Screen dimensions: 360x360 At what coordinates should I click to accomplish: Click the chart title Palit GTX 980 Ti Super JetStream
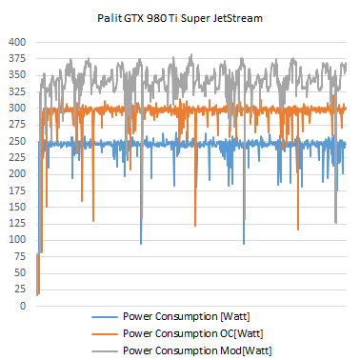[181, 17]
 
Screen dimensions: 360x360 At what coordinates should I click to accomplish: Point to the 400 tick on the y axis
[17, 43]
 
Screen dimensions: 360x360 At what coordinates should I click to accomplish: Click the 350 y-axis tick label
[17, 75]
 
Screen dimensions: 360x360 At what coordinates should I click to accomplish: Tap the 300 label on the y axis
[17, 109]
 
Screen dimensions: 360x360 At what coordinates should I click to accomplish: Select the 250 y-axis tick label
[17, 141]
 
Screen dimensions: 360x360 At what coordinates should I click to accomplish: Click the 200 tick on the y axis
[17, 174]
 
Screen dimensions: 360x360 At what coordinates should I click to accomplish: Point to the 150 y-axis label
[17, 207]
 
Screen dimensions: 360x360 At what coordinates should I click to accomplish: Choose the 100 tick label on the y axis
[17, 240]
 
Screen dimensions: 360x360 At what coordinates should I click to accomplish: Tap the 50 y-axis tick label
[20, 272]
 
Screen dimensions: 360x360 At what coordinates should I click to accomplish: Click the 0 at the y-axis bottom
[23, 306]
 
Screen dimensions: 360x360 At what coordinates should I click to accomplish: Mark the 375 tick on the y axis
[17, 59]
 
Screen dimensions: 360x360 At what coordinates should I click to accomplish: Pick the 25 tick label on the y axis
[20, 290]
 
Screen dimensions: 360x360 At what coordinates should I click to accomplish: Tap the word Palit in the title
[110, 17]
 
